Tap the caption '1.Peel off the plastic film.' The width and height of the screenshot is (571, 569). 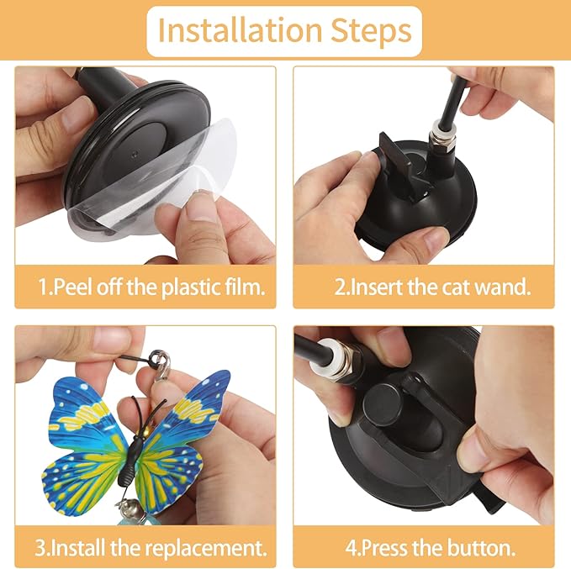click(x=151, y=286)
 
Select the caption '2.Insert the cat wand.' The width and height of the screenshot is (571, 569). click(x=432, y=286)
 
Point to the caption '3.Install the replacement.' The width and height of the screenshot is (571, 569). click(x=151, y=548)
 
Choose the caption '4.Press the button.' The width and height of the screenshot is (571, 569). click(x=431, y=548)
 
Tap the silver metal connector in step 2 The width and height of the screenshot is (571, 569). click(x=444, y=139)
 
